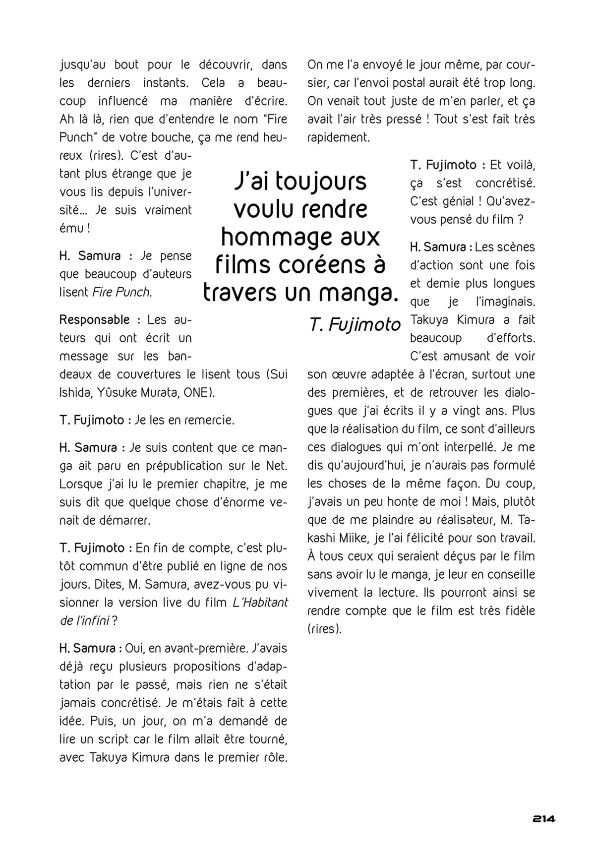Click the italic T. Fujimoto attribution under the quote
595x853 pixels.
(355, 324)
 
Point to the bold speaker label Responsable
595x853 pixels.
(94, 320)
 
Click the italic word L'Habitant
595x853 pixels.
(260, 603)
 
